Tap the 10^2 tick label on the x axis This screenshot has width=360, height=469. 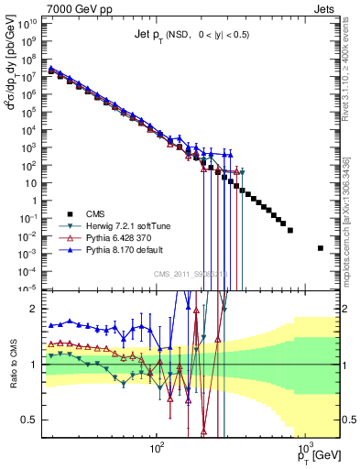157,450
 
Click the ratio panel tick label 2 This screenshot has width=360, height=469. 38,309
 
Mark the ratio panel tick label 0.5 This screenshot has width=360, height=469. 34,420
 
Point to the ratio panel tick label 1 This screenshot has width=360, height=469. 38,365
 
